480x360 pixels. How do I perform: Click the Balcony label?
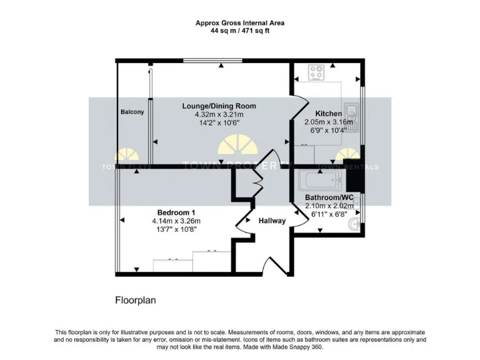[132, 112]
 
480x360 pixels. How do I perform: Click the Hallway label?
[272, 221]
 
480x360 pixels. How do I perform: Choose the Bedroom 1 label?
[176, 212]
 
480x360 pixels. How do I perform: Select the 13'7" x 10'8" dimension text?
[176, 229]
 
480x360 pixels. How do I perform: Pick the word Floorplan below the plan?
[135, 300]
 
